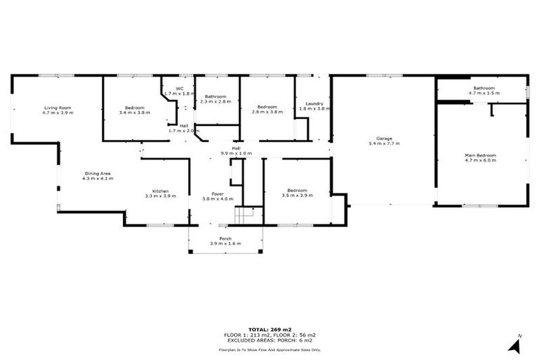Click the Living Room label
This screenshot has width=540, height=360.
pos(57,107)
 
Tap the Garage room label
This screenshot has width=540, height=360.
pos(383,138)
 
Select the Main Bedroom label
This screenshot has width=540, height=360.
pos(480,155)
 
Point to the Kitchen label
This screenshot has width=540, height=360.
pos(161,191)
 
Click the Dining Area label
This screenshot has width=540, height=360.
pos(97,173)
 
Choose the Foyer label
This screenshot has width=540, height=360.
pos(212,193)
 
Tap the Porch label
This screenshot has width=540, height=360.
pos(225,238)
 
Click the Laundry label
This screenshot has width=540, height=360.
pos(311,103)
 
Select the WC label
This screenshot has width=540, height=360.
pos(179,89)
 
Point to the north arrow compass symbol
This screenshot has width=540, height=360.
pos(517,345)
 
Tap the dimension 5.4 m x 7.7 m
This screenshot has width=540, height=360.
pos(383,143)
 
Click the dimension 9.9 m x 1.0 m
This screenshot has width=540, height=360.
pos(236,153)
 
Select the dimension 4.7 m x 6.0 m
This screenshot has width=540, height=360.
pos(480,160)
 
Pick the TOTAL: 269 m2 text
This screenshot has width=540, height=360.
pos(269,329)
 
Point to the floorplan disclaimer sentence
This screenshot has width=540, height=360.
pos(269,349)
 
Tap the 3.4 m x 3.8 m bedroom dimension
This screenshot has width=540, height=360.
pos(135,112)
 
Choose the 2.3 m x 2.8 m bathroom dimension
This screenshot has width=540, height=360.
pos(216,102)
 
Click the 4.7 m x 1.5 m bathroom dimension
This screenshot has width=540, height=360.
pos(483,93)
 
